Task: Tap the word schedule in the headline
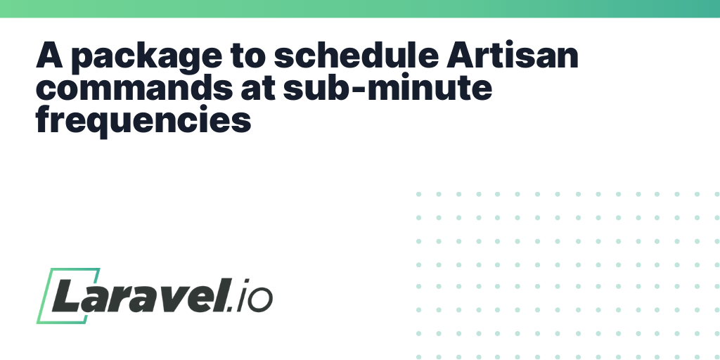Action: pyautogui.click(x=356, y=55)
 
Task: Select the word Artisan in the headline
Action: pyautogui.click(x=512, y=55)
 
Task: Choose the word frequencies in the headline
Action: pyautogui.click(x=143, y=121)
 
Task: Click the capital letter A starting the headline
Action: pyautogui.click(x=49, y=55)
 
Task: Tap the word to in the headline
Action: pyautogui.click(x=248, y=56)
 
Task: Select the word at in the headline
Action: pyautogui.click(x=258, y=89)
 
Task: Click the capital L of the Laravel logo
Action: pyautogui.click(x=68, y=295)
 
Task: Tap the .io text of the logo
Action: pyautogui.click(x=250, y=296)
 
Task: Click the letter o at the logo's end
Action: pyautogui.click(x=261, y=300)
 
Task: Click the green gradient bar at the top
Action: pyautogui.click(x=360, y=8)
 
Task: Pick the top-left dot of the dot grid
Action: pyautogui.click(x=419, y=194)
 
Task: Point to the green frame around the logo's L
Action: pyautogui.click(x=44, y=295)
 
